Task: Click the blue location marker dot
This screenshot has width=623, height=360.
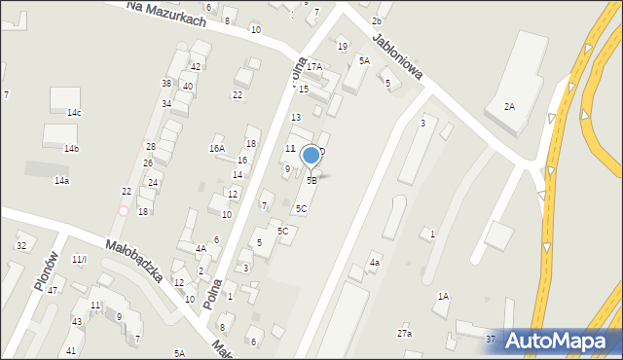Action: [x=311, y=155]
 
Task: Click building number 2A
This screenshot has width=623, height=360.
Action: [x=509, y=106]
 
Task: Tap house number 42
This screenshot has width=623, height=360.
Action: [x=196, y=67]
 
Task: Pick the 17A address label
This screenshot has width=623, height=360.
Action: [x=314, y=67]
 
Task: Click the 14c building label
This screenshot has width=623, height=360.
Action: [x=74, y=113]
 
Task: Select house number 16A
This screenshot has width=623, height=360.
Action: [x=216, y=149]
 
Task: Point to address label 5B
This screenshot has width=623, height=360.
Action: [x=311, y=181]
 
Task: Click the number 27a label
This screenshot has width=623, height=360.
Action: [x=404, y=334]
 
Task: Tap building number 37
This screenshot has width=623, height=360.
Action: [x=491, y=339]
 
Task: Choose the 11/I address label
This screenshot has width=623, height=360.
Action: [x=80, y=259]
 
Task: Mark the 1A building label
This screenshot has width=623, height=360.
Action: [x=443, y=297]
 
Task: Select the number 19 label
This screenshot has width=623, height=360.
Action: [x=342, y=47]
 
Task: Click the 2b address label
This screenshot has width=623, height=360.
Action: [x=377, y=21]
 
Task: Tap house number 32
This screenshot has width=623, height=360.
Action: [x=21, y=246]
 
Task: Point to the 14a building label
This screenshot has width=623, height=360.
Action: [x=61, y=181]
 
